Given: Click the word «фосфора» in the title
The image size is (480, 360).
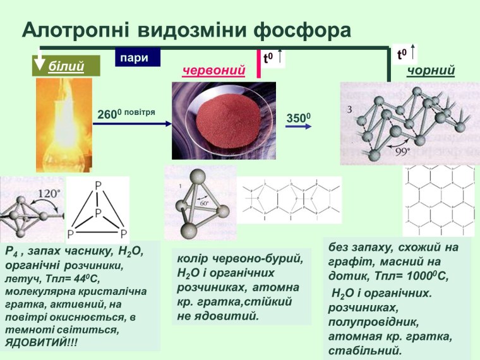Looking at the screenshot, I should pos(302,30).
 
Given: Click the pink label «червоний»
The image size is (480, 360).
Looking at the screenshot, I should pos(213,71).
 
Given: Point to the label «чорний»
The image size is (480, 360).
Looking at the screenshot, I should pos(431,71).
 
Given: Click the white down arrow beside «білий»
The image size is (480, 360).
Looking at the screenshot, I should pos(39,64).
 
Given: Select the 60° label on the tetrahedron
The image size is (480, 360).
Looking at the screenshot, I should pos(204,205).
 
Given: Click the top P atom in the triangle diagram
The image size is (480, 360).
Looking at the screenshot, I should pos(97,186).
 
